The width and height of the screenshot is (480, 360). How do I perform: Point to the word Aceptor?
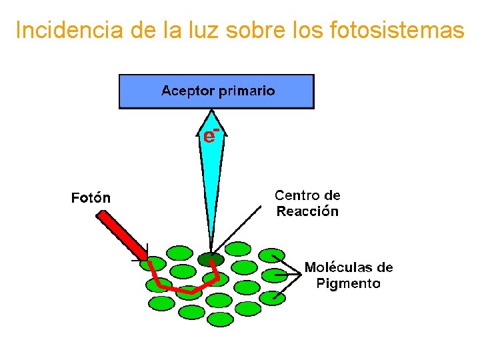(x=187, y=91)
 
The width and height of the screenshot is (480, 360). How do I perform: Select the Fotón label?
(x=91, y=198)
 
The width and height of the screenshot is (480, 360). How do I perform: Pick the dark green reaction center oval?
(x=211, y=259)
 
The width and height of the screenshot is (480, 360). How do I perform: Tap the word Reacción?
(x=307, y=211)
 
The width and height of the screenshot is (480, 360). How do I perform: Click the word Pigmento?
(x=348, y=283)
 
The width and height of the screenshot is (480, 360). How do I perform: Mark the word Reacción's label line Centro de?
(x=307, y=195)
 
